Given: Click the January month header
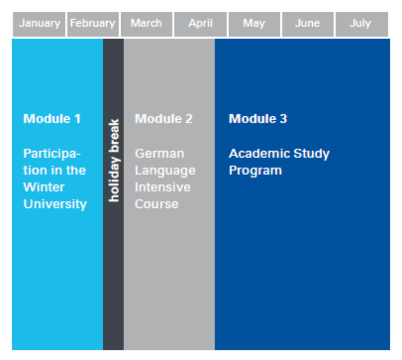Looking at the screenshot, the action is (39, 24).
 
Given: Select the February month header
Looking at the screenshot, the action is (93, 24).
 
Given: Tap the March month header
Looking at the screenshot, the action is (146, 24).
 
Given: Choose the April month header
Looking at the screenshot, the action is (200, 24).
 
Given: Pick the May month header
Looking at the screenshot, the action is (254, 24).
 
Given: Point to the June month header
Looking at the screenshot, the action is (308, 24).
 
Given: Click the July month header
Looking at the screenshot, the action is (361, 24).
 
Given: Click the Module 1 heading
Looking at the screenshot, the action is (52, 119).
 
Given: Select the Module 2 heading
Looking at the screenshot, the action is (164, 119).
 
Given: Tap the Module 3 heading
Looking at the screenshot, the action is (258, 119).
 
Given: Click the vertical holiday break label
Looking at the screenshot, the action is (113, 160).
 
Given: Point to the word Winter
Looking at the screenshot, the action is (44, 187).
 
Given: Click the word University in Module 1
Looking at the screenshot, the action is (55, 205).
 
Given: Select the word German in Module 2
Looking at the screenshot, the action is (160, 154).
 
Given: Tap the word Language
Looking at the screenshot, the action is (165, 171).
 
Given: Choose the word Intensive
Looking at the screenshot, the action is (163, 187).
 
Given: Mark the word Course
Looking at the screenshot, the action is (157, 204).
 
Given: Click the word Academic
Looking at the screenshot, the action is (259, 153).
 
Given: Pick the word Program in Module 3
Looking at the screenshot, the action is (255, 170).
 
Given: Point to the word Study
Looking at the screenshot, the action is (312, 154).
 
